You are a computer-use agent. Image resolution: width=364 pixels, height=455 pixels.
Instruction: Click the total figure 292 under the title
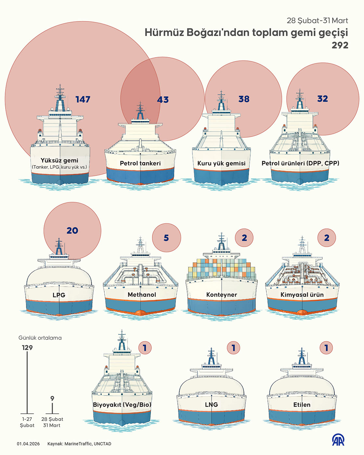tap(340, 45)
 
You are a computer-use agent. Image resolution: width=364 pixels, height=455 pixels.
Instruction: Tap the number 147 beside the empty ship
tap(83, 99)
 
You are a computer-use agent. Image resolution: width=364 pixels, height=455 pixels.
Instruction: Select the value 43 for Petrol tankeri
tap(163, 100)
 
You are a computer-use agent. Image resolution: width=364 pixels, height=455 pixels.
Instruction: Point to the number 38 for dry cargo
tap(244, 99)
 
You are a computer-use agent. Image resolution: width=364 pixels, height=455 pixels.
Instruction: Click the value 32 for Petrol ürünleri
tap(322, 99)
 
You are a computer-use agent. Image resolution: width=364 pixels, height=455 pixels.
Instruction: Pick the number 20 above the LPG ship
tap(72, 231)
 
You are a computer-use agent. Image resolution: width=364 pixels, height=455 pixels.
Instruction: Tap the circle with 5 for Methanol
tap(166, 238)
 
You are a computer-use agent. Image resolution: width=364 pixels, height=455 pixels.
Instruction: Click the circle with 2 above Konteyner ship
tap(244, 238)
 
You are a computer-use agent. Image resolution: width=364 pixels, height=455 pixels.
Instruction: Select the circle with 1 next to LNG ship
tap(233, 348)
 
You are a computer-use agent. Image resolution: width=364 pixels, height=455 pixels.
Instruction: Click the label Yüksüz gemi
tap(59, 160)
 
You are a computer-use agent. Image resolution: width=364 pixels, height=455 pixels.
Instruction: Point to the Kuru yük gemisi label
tap(221, 163)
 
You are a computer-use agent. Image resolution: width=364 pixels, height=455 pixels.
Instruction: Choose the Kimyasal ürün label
tap(302, 295)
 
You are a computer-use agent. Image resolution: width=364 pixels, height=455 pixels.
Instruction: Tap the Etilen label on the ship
tap(302, 405)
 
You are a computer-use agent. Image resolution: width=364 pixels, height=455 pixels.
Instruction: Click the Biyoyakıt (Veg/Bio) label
tap(122, 405)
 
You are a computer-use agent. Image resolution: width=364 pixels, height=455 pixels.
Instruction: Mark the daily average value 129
tap(27, 348)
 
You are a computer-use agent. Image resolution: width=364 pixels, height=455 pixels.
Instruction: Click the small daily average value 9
tap(52, 398)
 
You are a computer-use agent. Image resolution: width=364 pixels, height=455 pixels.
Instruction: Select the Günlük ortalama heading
tap(40, 338)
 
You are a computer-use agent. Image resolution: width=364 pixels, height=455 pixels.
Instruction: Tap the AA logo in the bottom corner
tap(338, 440)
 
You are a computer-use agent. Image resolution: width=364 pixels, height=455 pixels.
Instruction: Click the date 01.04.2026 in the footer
tap(28, 444)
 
